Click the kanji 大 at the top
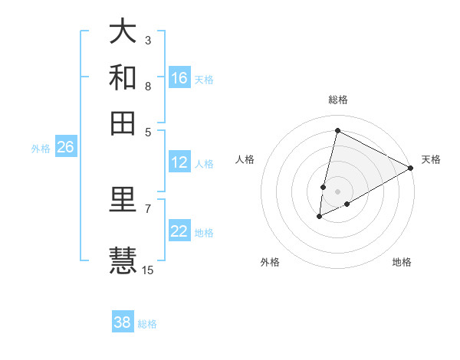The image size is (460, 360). (x=123, y=32)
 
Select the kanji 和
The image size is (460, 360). (x=123, y=77)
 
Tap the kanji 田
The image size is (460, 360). (x=123, y=123)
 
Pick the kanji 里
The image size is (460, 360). (x=123, y=201)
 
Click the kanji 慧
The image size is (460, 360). (x=123, y=260)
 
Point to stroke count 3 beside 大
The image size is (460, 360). (x=148, y=40)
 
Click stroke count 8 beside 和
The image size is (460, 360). (x=148, y=86)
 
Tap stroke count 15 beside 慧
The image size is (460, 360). (x=148, y=270)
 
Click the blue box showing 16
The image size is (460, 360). (x=179, y=77)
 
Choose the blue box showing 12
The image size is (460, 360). (x=179, y=162)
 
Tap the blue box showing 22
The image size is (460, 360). (x=179, y=231)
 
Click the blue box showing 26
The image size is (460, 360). (x=65, y=148)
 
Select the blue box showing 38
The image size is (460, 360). (x=123, y=322)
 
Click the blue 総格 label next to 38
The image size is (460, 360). (x=147, y=324)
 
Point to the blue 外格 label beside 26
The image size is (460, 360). (x=41, y=149)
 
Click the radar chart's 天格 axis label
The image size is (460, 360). (x=431, y=159)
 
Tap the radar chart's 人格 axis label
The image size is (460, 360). (x=245, y=159)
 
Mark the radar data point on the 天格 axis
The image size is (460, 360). (x=411, y=168)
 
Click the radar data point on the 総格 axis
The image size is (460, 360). (x=337, y=130)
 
